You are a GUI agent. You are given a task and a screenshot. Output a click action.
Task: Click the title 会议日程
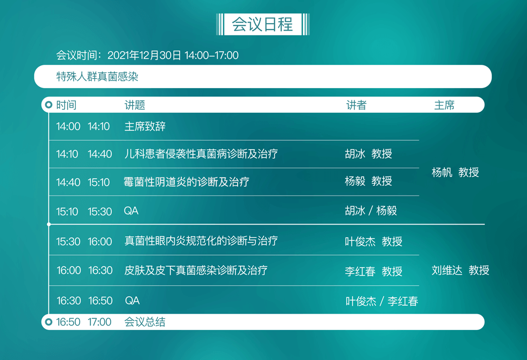pyautogui.click(x=262, y=24)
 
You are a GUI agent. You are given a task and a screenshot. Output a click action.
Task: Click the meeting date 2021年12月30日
pyautogui.click(x=144, y=55)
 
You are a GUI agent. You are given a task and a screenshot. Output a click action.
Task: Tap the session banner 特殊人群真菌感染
pyautogui.click(x=97, y=76)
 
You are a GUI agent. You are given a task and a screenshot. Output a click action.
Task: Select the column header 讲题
pyautogui.click(x=135, y=105)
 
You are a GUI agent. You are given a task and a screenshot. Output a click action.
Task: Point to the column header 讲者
pyautogui.click(x=356, y=105)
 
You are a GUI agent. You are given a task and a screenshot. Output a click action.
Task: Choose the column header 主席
pyautogui.click(x=444, y=105)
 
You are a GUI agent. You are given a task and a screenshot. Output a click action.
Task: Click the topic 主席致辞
pyautogui.click(x=145, y=127)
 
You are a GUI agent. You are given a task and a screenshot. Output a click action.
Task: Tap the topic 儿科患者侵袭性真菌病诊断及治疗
pyautogui.click(x=201, y=154)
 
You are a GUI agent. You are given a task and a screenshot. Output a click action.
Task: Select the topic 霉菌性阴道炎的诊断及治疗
pyautogui.click(x=186, y=182)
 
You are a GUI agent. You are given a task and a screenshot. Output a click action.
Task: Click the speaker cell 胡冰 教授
pyautogui.click(x=368, y=153)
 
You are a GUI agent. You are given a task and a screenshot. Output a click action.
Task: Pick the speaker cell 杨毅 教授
pyautogui.click(x=368, y=181)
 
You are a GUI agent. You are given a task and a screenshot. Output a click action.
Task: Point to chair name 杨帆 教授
pyautogui.click(x=455, y=172)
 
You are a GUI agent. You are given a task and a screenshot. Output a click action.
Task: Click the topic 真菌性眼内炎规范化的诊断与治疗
pyautogui.click(x=201, y=241)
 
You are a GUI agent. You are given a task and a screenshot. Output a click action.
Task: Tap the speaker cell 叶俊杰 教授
pyautogui.click(x=374, y=241)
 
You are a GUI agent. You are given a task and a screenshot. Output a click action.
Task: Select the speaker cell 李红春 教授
pyautogui.click(x=374, y=271)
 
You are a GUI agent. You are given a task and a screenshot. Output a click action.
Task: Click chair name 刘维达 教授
pyautogui.click(x=461, y=270)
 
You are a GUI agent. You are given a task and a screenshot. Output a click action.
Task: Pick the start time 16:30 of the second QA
pyautogui.click(x=69, y=300)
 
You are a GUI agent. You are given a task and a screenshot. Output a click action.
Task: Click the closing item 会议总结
pyautogui.click(x=145, y=322)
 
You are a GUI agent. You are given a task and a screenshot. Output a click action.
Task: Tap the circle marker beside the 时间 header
pyautogui.click(x=48, y=105)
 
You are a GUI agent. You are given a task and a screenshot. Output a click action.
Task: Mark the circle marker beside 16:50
pyautogui.click(x=48, y=322)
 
